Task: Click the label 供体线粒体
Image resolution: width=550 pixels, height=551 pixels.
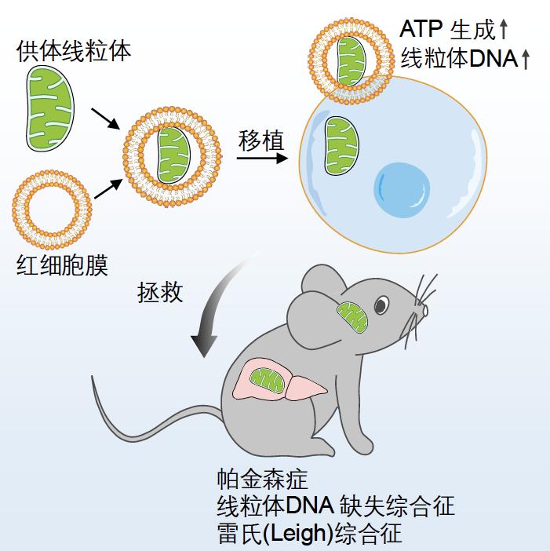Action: pos(74,52)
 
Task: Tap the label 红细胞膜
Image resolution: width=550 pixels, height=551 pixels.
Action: pos(62,265)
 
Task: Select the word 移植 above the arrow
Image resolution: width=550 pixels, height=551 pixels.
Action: pos(261,141)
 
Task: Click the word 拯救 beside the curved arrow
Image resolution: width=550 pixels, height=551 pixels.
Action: pos(160,292)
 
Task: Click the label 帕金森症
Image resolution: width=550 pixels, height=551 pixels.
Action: pos(262,479)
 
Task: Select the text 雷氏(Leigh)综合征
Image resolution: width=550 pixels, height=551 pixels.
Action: pos(309,533)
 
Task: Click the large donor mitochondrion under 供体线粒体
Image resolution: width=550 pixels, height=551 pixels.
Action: pos(50,108)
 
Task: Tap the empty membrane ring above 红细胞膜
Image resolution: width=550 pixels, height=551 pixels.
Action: pos(52,210)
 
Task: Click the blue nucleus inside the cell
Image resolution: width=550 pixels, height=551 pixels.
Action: pos(402,190)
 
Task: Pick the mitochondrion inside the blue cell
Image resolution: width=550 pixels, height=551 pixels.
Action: pos(341,146)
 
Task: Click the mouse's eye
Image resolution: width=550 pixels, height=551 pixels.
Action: pos(381,305)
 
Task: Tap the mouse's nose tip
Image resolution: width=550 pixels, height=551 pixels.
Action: pos(425,310)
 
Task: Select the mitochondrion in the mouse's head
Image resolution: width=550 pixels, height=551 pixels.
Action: pos(352,318)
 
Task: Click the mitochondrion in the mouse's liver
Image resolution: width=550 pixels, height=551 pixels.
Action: pos(267,381)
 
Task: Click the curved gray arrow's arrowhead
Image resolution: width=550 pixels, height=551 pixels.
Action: pos(204,346)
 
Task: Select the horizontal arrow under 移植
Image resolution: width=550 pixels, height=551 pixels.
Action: pos(262,158)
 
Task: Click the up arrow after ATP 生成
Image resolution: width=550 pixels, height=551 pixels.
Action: pos(504,29)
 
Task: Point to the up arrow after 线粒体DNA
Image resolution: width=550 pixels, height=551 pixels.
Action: pos(526,60)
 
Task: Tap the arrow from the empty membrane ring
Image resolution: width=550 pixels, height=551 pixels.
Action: pos(108,188)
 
